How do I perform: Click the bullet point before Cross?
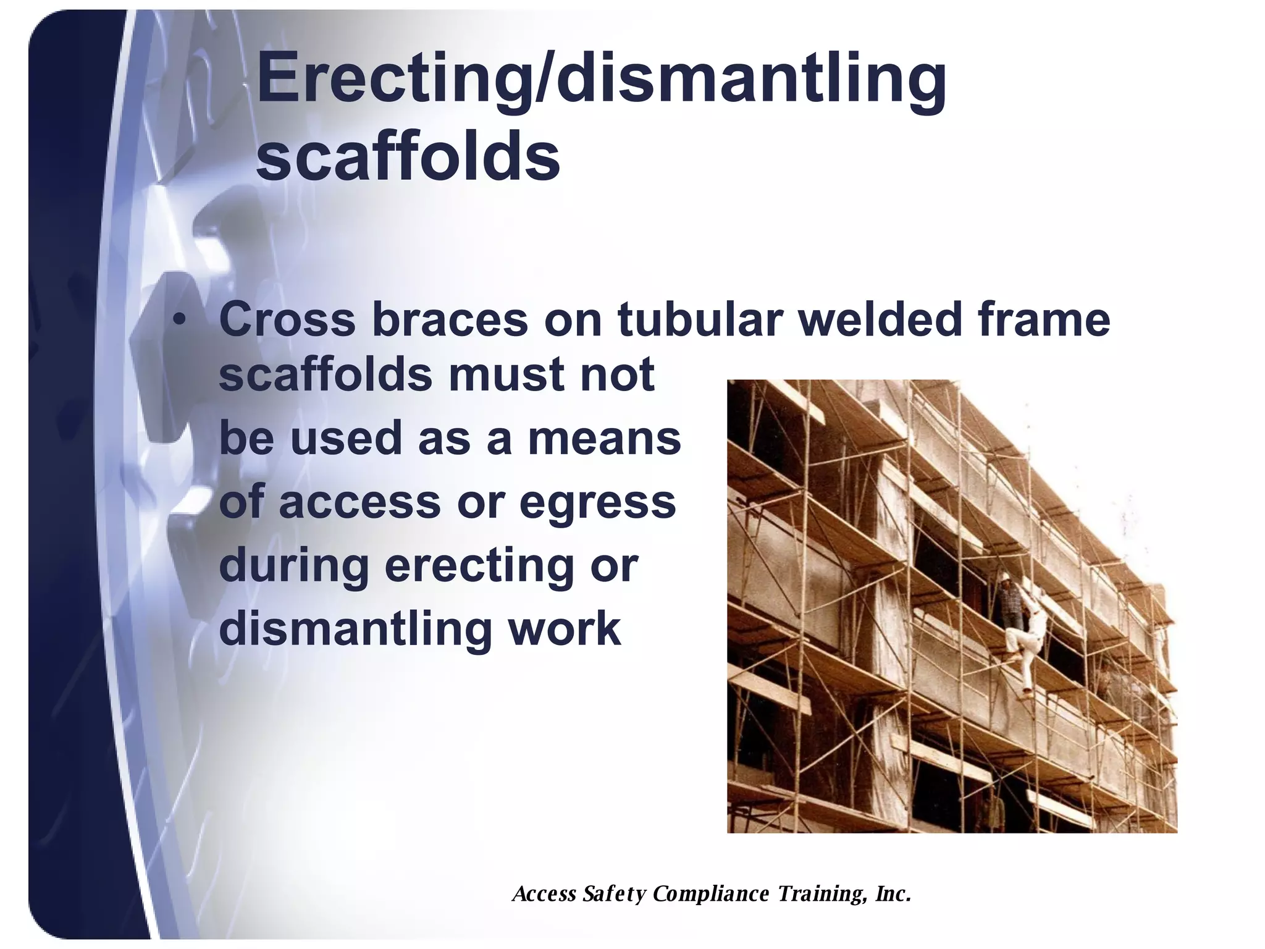(x=180, y=321)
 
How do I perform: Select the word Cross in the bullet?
(x=287, y=320)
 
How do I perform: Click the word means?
(x=603, y=438)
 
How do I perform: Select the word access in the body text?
(x=360, y=502)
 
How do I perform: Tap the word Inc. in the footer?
(x=893, y=893)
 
